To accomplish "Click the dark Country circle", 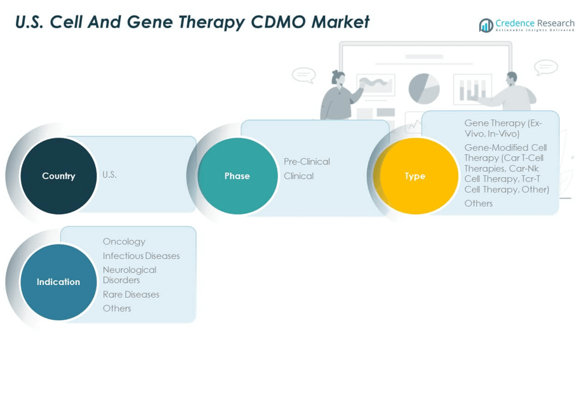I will coord(58,176).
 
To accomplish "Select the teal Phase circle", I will coord(237,176).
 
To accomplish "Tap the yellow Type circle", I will coord(415,176).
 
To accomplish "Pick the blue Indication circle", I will coord(58,282).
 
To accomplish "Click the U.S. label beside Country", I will coord(110,175).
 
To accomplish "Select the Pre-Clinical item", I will coord(307,161).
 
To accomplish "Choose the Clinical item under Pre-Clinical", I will coord(298,176).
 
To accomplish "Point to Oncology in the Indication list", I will coord(124,241).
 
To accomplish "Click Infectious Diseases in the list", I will coord(141,256).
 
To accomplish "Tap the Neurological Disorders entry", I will coord(129,275).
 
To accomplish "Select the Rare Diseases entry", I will coord(131,294).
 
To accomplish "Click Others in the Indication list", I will coord(117,308).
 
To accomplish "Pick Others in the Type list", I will coord(478,203).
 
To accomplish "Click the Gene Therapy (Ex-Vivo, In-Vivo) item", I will coord(503,128).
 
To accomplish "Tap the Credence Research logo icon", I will coord(486,25).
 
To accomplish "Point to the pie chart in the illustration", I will coord(424,88).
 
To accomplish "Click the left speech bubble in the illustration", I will coord(303,75).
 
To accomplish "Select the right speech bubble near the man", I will coord(545,67).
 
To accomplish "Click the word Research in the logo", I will coord(555,23).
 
